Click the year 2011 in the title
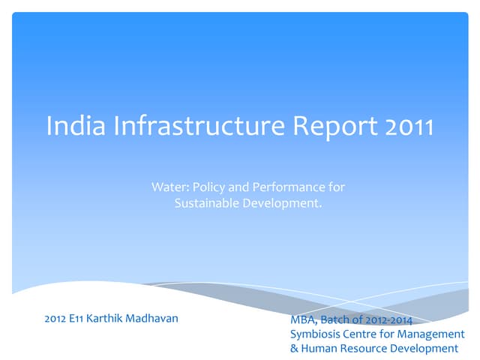click(409, 127)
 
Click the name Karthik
click(109, 318)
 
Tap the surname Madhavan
click(155, 318)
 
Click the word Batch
click(336, 320)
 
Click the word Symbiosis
click(316, 334)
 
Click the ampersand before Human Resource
click(294, 349)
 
